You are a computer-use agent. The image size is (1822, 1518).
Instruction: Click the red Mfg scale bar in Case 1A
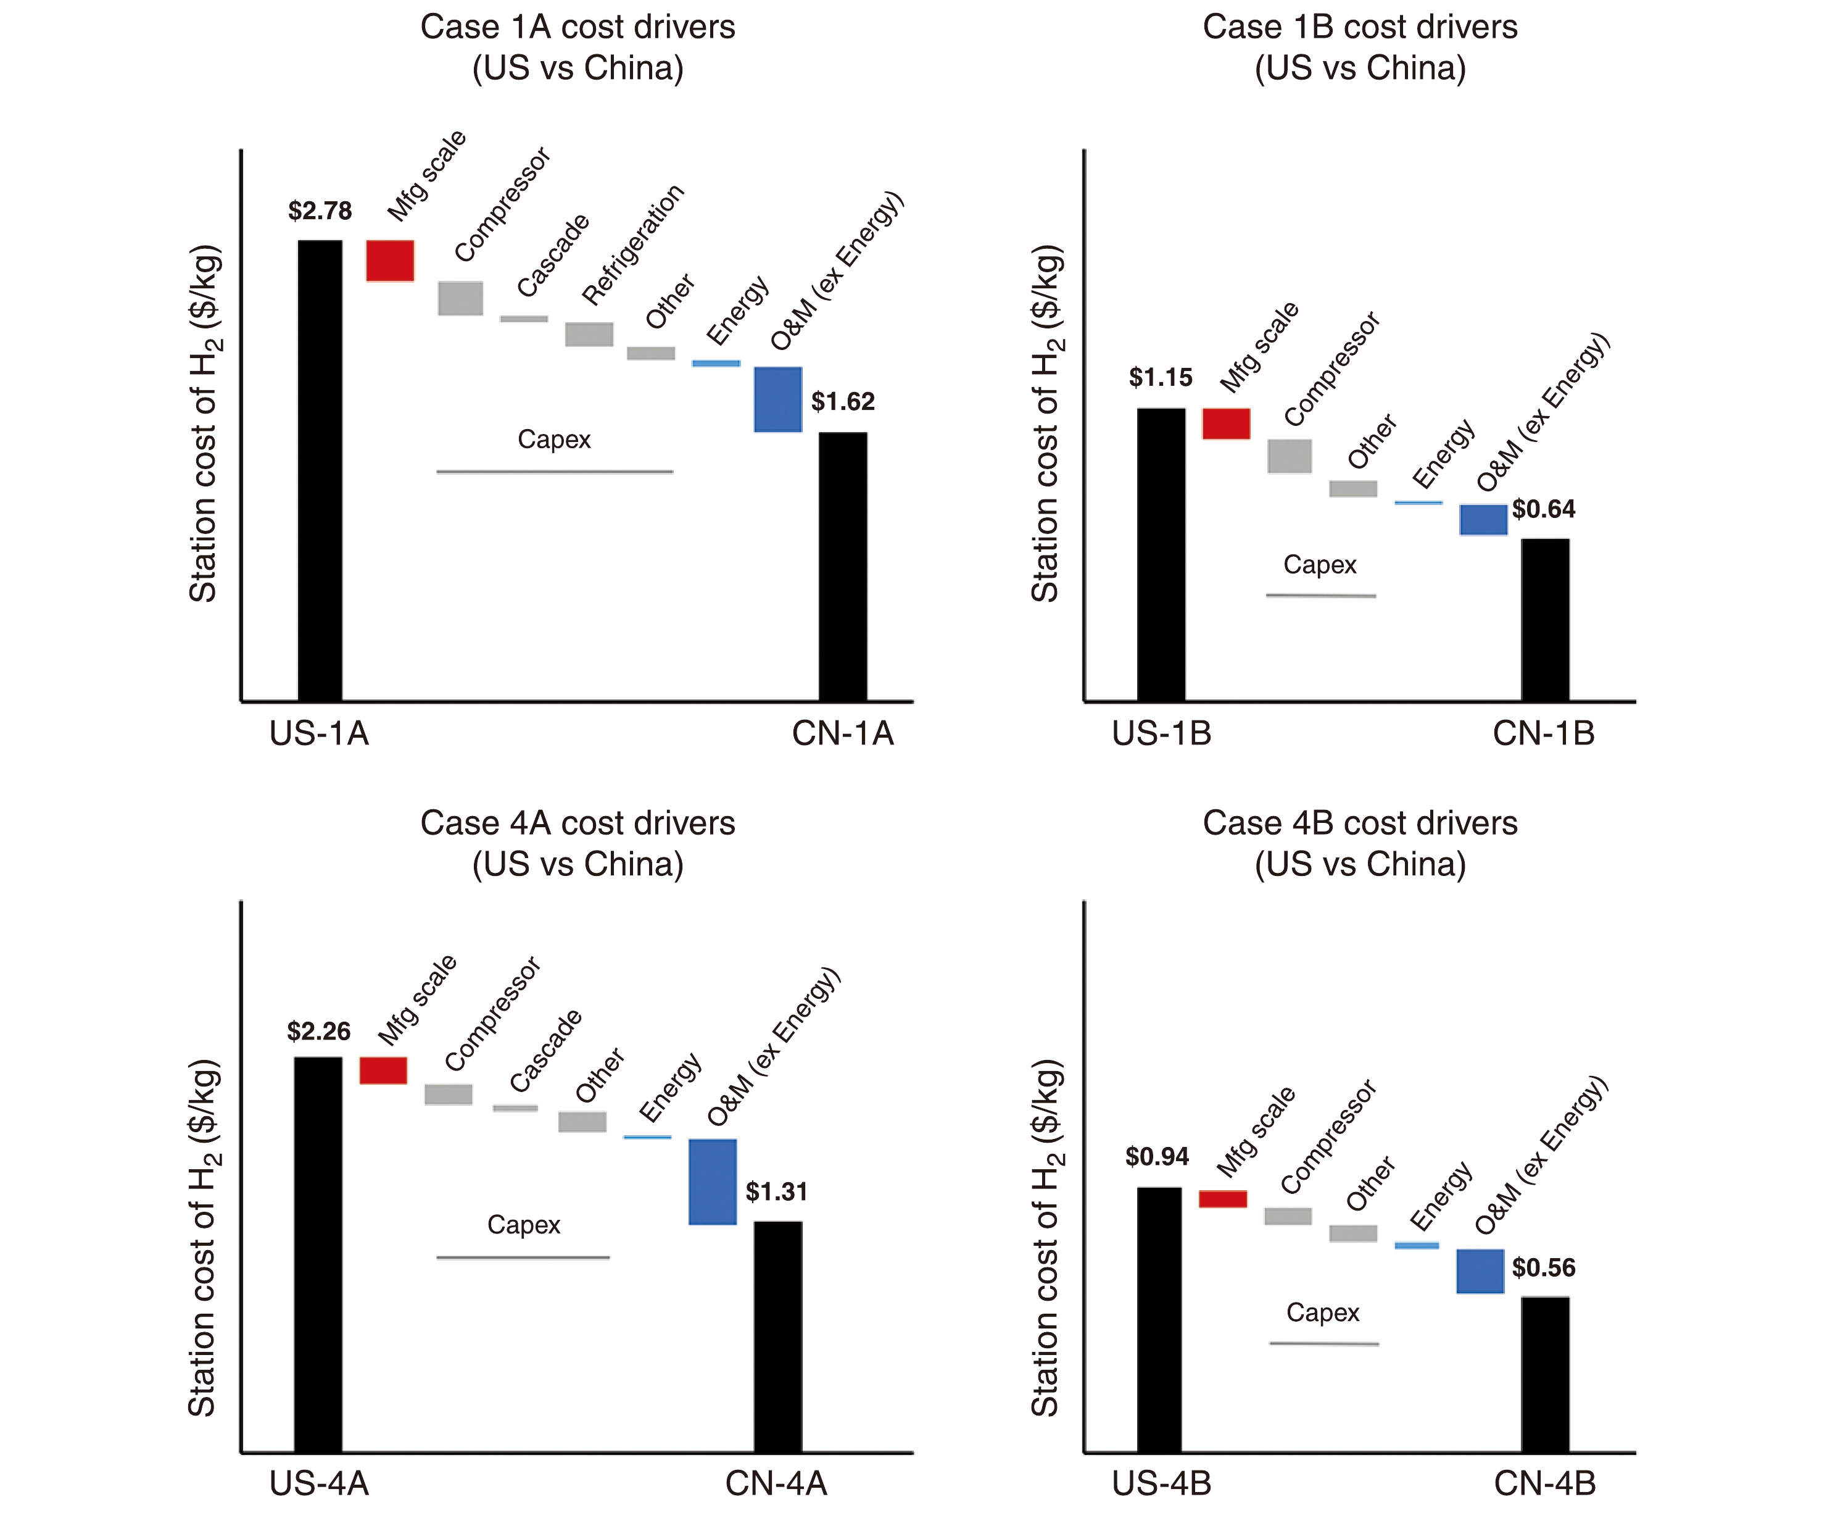pyautogui.click(x=389, y=261)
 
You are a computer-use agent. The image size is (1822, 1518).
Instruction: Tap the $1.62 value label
pyautogui.click(x=842, y=402)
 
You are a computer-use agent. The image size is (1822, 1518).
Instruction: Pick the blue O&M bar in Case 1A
pyautogui.click(x=777, y=399)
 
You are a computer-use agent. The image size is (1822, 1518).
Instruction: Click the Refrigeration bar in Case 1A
pyautogui.click(x=589, y=334)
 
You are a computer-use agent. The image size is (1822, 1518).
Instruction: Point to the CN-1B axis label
pyautogui.click(x=1544, y=734)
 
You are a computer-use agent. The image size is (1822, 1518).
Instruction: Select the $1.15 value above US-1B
pyautogui.click(x=1160, y=378)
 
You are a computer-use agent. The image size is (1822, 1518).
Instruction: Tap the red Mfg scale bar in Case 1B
pyautogui.click(x=1225, y=423)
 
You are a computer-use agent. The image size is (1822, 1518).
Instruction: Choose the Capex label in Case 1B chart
pyautogui.click(x=1320, y=565)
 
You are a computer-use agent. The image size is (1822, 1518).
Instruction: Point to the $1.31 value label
pyautogui.click(x=777, y=1191)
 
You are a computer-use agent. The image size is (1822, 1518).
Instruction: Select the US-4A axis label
pyautogui.click(x=318, y=1483)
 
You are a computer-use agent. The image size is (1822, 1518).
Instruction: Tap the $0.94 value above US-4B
pyautogui.click(x=1156, y=1156)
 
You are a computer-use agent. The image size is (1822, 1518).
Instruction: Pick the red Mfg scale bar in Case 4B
pyautogui.click(x=1222, y=1199)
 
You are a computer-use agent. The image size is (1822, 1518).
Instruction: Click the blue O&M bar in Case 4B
pyautogui.click(x=1480, y=1272)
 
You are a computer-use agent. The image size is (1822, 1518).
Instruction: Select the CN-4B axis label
pyautogui.click(x=1544, y=1483)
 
